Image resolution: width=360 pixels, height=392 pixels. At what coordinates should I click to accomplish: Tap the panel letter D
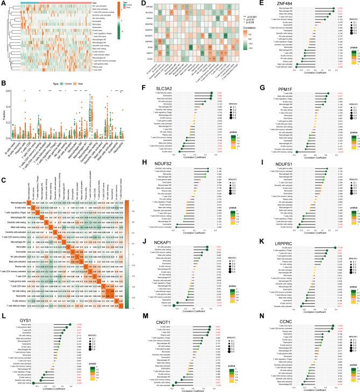click(129, 3)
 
